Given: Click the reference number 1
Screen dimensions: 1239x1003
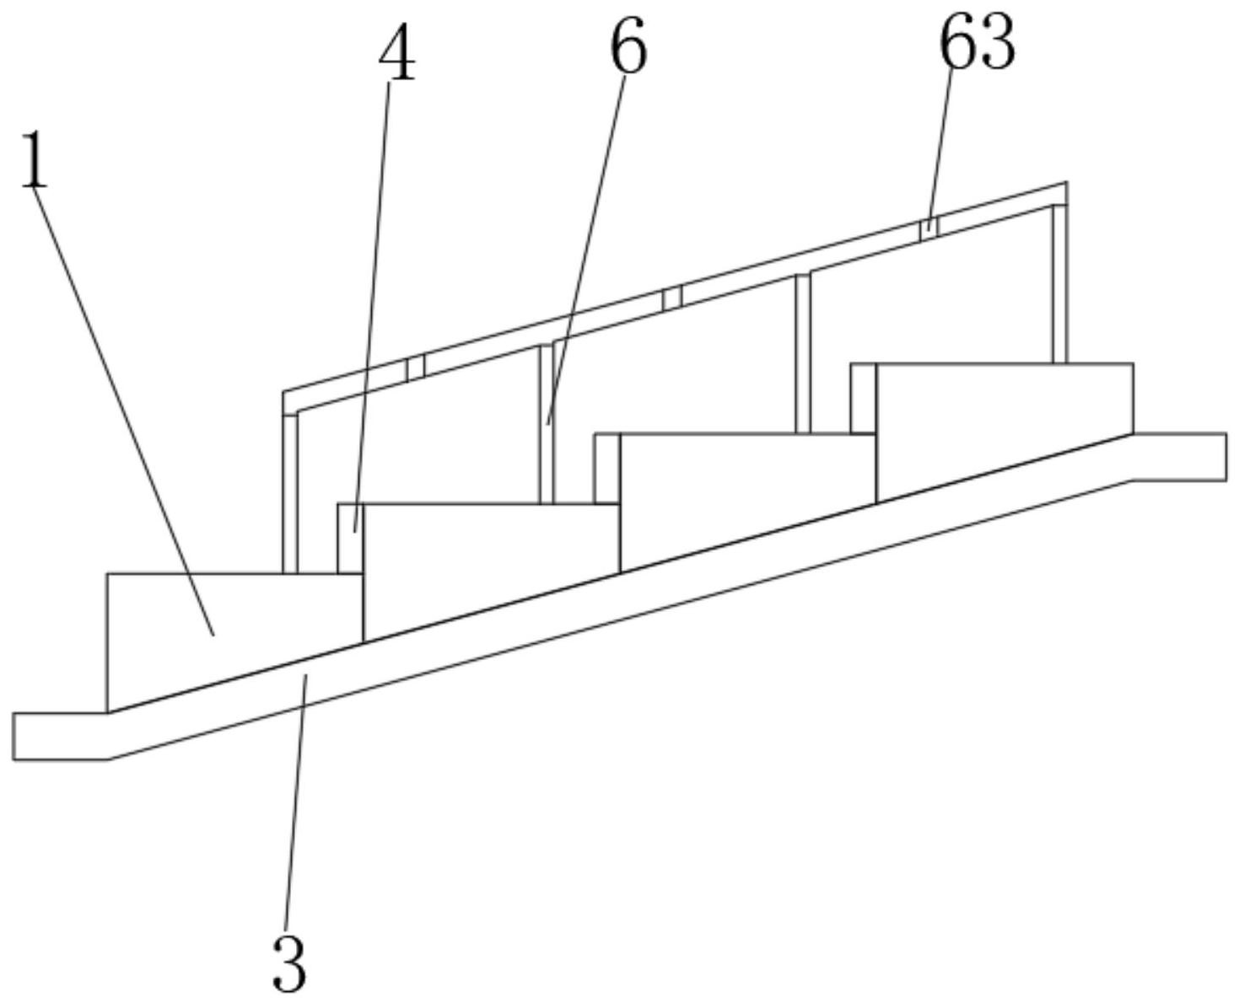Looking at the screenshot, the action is click(x=34, y=160).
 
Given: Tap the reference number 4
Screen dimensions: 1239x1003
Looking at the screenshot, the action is click(x=397, y=52).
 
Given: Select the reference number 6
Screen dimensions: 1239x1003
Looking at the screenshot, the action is click(x=628, y=46).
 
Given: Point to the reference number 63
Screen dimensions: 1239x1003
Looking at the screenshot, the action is click(x=978, y=42).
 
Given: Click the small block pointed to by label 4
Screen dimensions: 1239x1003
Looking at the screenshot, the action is click(x=351, y=538).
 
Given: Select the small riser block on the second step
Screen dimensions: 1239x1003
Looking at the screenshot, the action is click(x=606, y=468).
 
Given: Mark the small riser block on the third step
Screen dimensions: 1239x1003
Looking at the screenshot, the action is click(x=863, y=398).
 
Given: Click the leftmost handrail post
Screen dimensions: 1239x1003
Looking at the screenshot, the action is click(x=289, y=494).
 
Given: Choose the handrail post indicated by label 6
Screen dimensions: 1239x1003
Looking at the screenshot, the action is click(x=547, y=424).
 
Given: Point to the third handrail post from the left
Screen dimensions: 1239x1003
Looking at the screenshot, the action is click(x=803, y=354).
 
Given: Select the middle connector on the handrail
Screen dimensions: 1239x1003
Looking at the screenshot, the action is click(x=672, y=298).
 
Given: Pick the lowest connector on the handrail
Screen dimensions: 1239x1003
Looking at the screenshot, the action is click(x=416, y=367).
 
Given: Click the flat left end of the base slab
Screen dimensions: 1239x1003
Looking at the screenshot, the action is click(x=61, y=737).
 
